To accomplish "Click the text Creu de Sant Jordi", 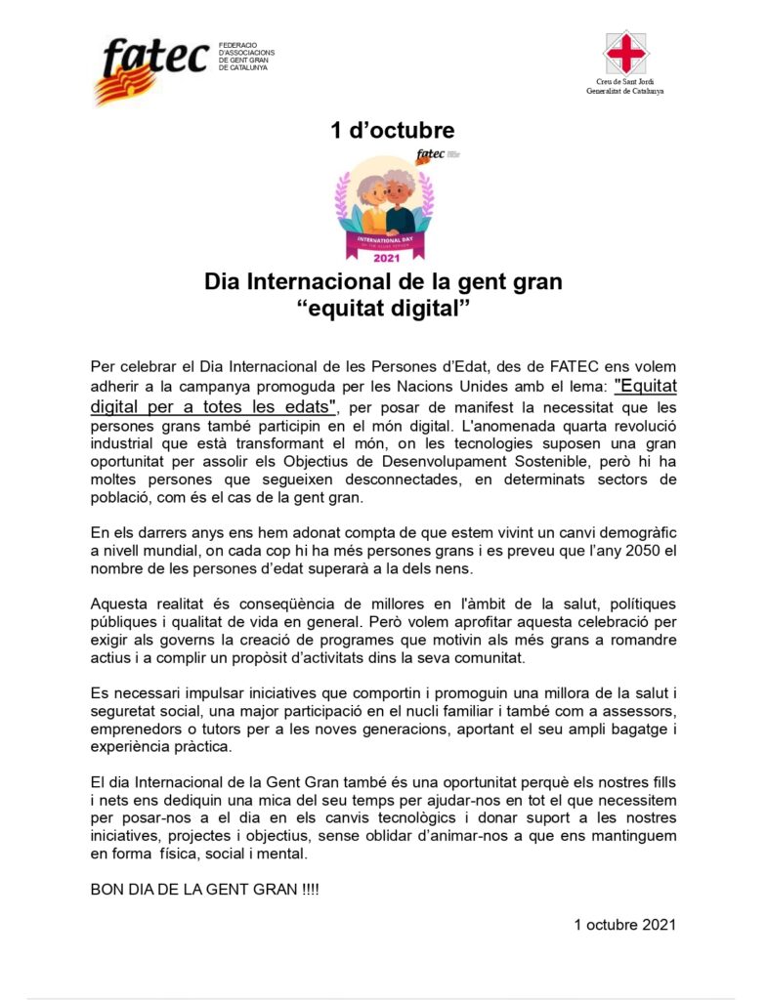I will (x=624, y=82).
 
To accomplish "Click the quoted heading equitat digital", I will (x=383, y=310).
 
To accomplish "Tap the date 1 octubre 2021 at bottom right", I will (x=624, y=923).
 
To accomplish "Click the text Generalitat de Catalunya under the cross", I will (x=624, y=91).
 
